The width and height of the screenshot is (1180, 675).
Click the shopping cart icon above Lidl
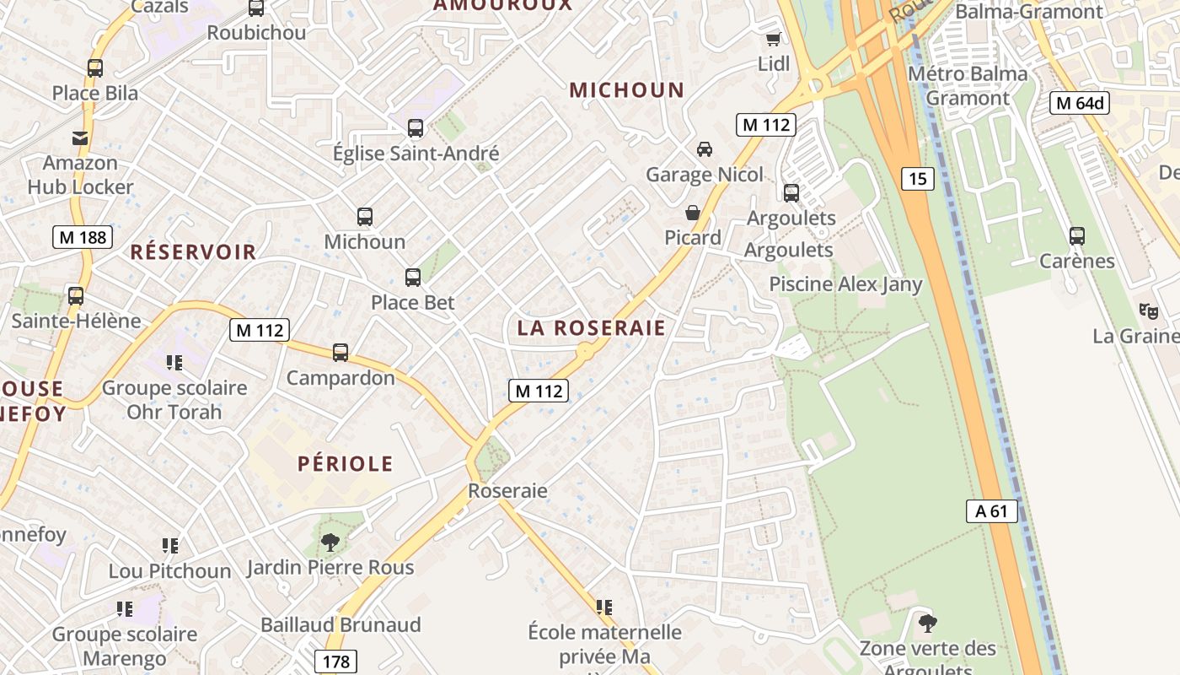[773, 39]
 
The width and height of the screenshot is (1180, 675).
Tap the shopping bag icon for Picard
[693, 213]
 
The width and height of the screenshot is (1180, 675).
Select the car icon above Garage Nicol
[704, 149]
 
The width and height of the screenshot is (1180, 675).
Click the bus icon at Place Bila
[95, 68]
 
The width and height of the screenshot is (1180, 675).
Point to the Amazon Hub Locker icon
[80, 138]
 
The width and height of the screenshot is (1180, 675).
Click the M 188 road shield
[83, 237]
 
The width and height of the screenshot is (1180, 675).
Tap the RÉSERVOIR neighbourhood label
[193, 251]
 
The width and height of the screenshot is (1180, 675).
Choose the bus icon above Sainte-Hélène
[76, 296]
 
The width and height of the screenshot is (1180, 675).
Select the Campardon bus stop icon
[341, 353]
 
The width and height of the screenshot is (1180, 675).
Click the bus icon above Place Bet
[413, 278]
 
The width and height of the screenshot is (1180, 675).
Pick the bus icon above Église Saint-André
[416, 128]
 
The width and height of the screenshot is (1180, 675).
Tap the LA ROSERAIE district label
[592, 328]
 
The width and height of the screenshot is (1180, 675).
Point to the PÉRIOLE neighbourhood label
[346, 463]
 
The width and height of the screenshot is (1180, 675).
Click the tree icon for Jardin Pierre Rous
[330, 543]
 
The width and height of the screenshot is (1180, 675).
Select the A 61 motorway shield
[992, 510]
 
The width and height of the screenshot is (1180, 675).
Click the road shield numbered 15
[918, 179]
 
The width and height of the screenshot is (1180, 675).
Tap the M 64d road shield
[1079, 103]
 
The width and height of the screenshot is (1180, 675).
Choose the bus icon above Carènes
[1077, 236]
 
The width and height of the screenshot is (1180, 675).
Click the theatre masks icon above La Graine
[1148, 311]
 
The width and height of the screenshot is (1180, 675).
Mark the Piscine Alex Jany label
[845, 284]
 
